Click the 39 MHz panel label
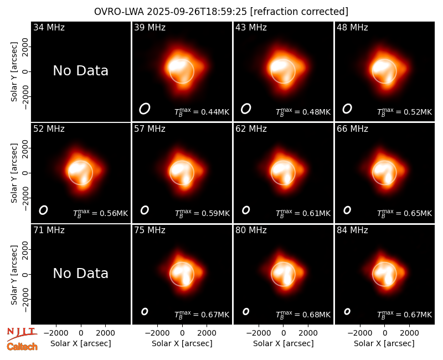pos(150,27)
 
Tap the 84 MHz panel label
pos(352,230)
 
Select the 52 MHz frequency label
pos(49,129)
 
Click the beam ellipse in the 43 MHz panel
pos(246,109)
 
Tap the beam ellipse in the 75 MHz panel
pos(145,311)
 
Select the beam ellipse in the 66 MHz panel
pos(347,210)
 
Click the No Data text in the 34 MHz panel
pos(81,71)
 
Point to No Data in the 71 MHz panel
pos(81,274)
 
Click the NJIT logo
pos(22,333)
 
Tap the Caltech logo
pos(22,347)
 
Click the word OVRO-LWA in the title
pos(119,12)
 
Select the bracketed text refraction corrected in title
pos(300,12)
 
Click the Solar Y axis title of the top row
pos(14,72)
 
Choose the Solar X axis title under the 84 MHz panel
pos(384,343)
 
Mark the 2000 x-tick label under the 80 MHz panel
pos(308,333)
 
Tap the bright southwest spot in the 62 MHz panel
pos(287,178)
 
